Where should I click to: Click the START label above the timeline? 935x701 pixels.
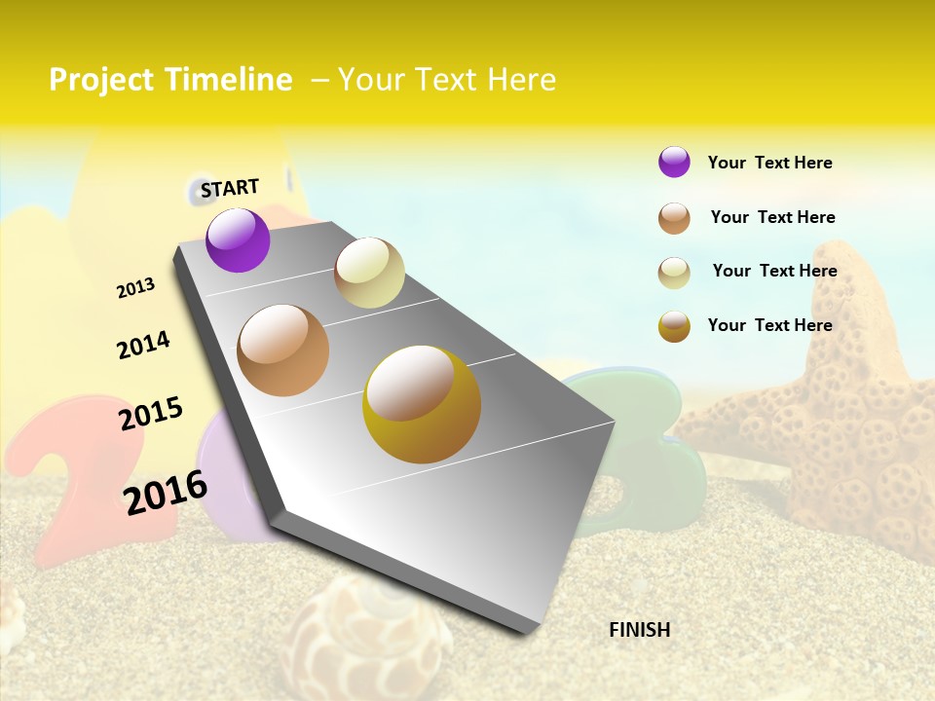230,188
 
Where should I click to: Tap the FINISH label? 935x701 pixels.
639,630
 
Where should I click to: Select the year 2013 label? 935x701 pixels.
135,287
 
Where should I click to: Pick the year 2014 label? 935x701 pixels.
143,345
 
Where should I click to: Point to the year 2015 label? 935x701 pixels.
151,413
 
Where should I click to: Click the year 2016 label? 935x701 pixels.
166,492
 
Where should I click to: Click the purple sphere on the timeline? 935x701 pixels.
238,240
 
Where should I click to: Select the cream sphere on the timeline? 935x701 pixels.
369,273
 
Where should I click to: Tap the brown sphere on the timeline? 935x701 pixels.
282,350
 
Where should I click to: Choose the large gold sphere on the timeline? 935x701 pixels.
422,404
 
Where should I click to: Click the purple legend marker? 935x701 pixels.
674,162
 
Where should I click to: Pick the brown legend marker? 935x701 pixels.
674,218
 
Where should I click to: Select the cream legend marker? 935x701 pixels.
674,273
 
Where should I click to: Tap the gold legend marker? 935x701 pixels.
674,326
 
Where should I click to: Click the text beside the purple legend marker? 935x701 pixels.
769,163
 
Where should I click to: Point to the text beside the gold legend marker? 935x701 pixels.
769,325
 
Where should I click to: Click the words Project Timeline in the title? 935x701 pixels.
170,80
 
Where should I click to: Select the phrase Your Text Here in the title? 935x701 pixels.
446,80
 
